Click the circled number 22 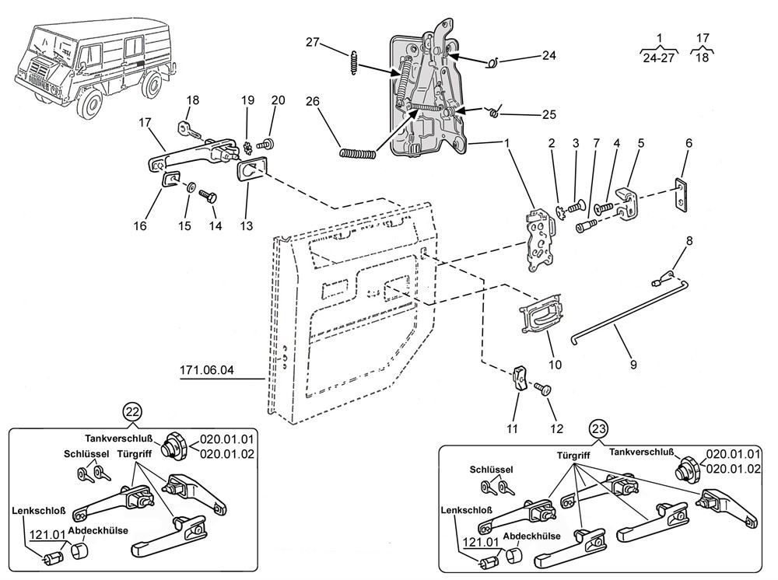click(132, 411)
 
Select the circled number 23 click(598, 428)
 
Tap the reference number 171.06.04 click(206, 370)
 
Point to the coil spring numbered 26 click(357, 154)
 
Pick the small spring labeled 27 click(353, 63)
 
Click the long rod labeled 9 click(630, 313)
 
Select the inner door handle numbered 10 click(541, 313)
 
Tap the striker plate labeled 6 click(682, 195)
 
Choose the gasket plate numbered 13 click(252, 169)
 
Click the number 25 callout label click(548, 114)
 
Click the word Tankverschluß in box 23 click(642, 452)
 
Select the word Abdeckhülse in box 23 click(531, 536)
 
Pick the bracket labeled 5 click(628, 202)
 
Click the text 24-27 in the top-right click(659, 58)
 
